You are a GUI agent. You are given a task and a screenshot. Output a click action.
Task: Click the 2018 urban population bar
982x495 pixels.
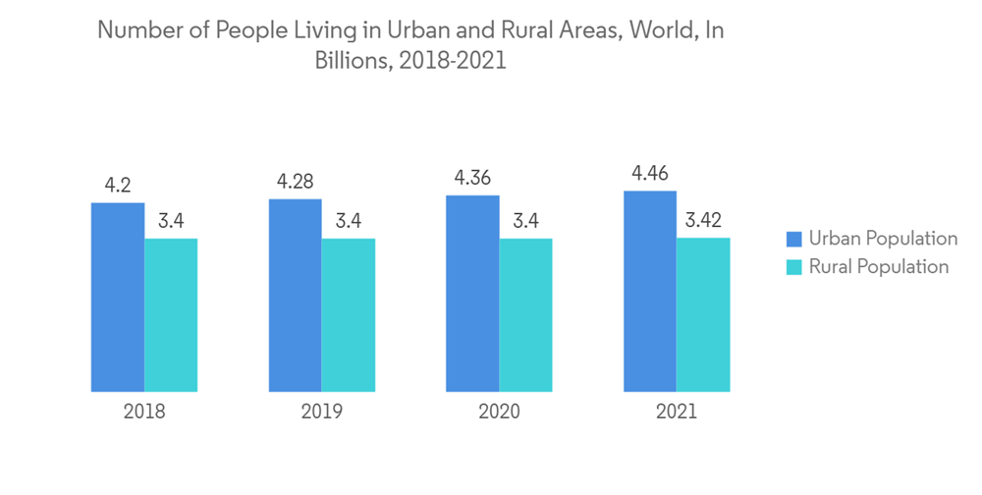pyautogui.click(x=118, y=298)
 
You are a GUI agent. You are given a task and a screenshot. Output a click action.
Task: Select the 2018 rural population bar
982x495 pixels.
pyautogui.click(x=171, y=315)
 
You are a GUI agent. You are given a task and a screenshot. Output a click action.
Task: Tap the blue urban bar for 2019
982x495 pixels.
pyautogui.click(x=295, y=296)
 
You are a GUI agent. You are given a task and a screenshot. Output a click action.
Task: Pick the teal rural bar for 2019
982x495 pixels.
pyautogui.click(x=349, y=315)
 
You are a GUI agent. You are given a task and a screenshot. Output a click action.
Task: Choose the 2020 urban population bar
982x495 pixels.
pyautogui.click(x=472, y=294)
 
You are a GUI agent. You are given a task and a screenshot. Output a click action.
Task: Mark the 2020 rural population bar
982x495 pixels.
pyautogui.click(x=525, y=315)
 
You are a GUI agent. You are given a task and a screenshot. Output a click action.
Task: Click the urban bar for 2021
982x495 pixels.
pyautogui.click(x=650, y=292)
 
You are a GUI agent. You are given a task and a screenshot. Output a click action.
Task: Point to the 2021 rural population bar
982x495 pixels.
pyautogui.click(x=703, y=314)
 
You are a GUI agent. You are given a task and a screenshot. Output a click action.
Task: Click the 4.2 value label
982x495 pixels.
pyautogui.click(x=118, y=185)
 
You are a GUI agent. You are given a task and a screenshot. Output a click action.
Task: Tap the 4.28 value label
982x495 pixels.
pyautogui.click(x=295, y=182)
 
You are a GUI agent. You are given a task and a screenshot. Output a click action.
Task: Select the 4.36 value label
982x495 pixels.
pyautogui.click(x=472, y=178)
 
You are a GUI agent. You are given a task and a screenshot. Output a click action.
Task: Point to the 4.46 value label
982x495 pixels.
pyautogui.click(x=650, y=174)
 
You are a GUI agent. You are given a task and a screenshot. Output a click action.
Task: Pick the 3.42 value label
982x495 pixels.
pyautogui.click(x=703, y=220)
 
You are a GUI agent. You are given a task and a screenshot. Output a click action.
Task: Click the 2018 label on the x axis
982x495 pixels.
pyautogui.click(x=144, y=412)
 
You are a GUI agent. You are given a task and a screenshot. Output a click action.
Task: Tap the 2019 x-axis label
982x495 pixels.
pyautogui.click(x=322, y=412)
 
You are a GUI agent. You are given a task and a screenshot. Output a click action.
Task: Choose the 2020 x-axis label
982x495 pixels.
pyautogui.click(x=499, y=412)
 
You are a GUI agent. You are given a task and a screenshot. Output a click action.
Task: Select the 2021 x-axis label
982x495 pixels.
pyautogui.click(x=677, y=412)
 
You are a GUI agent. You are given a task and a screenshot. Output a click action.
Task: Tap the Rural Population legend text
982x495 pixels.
pyautogui.click(x=879, y=267)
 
